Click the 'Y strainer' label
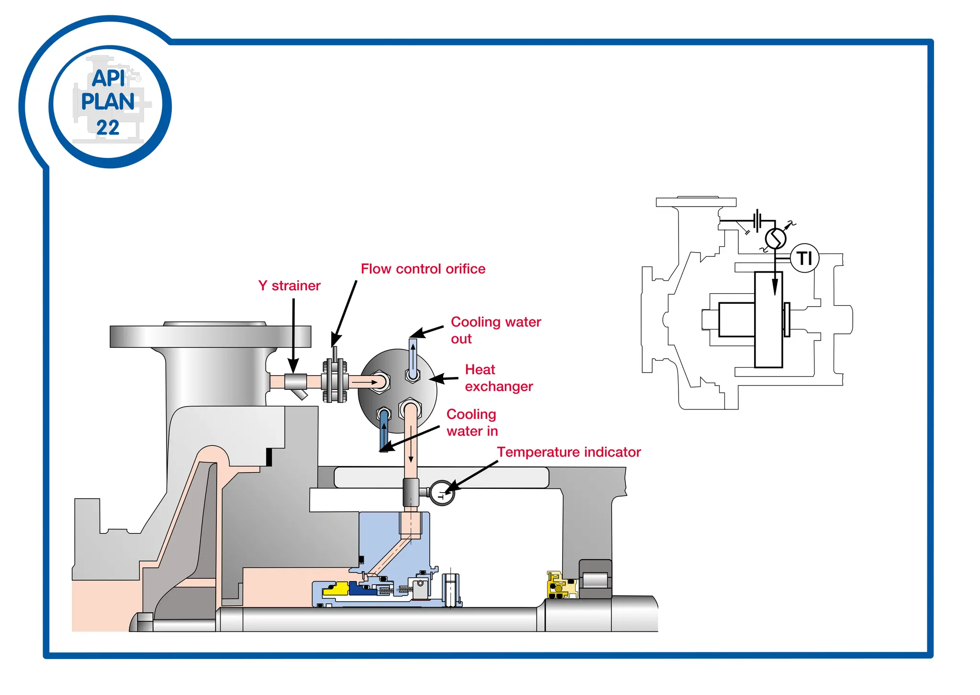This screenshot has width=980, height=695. tap(289, 286)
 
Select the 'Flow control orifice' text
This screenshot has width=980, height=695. tap(423, 269)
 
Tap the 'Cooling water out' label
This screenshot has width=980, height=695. tap(495, 330)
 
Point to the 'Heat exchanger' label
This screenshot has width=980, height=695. tap(498, 378)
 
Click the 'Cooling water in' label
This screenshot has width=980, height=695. tap(472, 422)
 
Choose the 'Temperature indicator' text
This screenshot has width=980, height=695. tap(568, 452)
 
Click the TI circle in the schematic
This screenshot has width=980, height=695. tap(804, 258)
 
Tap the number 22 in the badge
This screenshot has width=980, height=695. tap(108, 128)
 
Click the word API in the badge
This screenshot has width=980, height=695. tap(109, 78)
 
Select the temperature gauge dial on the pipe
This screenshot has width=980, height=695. tap(442, 493)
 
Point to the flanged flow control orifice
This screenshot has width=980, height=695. tap(335, 381)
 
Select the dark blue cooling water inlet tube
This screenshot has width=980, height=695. tap(384, 430)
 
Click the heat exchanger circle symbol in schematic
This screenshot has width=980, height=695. tap(775, 238)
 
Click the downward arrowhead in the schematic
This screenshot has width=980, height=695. tap(775, 287)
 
